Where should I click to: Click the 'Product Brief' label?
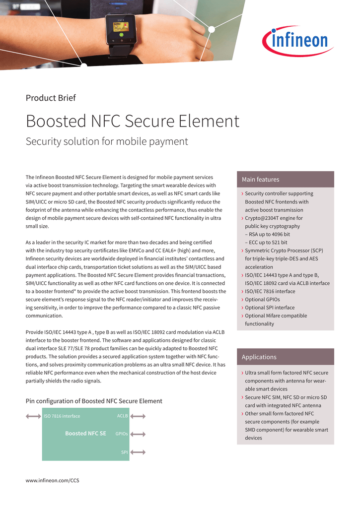(51, 98)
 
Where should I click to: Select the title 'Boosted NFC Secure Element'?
(133, 121)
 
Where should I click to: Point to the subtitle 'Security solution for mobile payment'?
(107, 141)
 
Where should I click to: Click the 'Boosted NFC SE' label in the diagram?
(85, 433)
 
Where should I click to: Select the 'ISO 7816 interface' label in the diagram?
(62, 416)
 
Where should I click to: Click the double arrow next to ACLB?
(138, 416)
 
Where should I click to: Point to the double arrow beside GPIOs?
(138, 434)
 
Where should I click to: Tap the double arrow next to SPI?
(138, 452)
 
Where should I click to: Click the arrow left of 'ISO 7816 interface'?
(33, 416)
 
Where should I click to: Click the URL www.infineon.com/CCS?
(52, 480)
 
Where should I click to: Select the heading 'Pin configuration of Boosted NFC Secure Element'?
(94, 401)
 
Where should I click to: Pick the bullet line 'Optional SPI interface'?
(270, 308)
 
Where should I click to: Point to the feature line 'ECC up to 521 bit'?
(268, 243)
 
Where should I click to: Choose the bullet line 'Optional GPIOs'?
(262, 300)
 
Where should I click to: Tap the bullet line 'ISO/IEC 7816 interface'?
(270, 291)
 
